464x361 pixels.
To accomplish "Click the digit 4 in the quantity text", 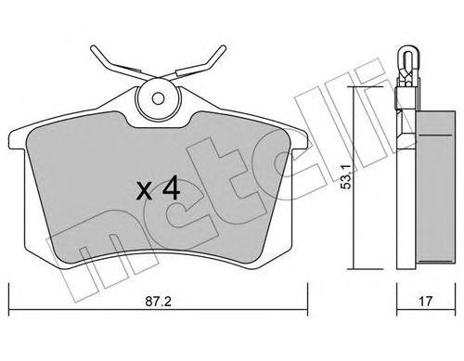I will pos(170,189).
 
